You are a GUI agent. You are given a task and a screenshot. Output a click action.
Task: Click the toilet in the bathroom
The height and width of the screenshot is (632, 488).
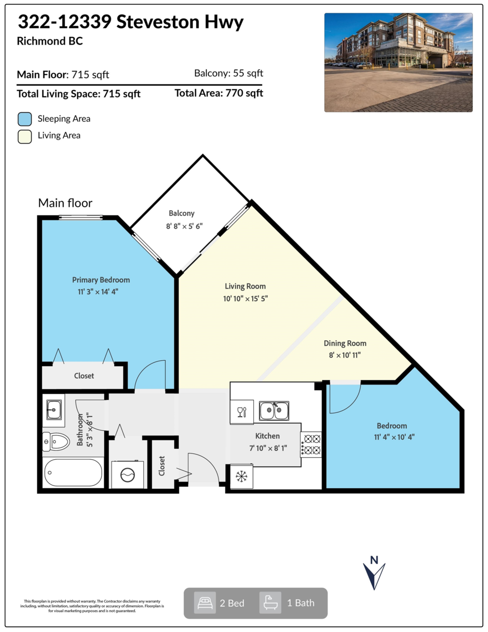coord(56,441)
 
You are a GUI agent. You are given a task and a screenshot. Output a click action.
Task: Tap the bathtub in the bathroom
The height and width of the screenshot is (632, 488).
coord(73,473)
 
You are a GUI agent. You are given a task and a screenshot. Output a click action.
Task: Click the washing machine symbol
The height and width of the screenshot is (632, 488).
coord(128,475)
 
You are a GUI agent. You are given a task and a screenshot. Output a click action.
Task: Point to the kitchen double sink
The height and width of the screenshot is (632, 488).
coord(274,410)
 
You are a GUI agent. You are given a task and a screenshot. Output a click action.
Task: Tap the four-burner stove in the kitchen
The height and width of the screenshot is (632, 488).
coord(311,444)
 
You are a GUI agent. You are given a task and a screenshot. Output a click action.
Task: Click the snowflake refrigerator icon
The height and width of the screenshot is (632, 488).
coord(241,477)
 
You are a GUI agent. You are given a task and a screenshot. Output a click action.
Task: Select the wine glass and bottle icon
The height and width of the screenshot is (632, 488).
coord(242,411)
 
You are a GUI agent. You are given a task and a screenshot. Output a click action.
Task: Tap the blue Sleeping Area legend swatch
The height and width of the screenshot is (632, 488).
coord(24,118)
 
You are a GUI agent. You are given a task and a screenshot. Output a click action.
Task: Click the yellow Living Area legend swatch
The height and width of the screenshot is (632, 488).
coord(24,136)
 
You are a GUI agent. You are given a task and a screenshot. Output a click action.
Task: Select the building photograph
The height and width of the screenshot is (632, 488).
coord(398,62)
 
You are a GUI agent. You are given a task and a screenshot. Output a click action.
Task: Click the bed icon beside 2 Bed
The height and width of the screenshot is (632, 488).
coord(204,603)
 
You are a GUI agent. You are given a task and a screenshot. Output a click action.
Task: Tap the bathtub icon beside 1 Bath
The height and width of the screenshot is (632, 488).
coord(270,603)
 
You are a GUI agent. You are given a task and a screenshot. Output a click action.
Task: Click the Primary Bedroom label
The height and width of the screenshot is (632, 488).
coord(101,280)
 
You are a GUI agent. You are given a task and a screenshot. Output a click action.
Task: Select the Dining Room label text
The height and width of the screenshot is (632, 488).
coord(345,343)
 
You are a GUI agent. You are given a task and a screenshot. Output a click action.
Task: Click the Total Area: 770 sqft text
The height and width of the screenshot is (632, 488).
coord(218,94)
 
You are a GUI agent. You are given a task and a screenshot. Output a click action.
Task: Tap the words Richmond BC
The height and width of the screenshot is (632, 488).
coord(50,41)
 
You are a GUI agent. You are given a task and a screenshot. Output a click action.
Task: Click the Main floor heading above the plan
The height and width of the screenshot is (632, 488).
coord(65,203)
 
